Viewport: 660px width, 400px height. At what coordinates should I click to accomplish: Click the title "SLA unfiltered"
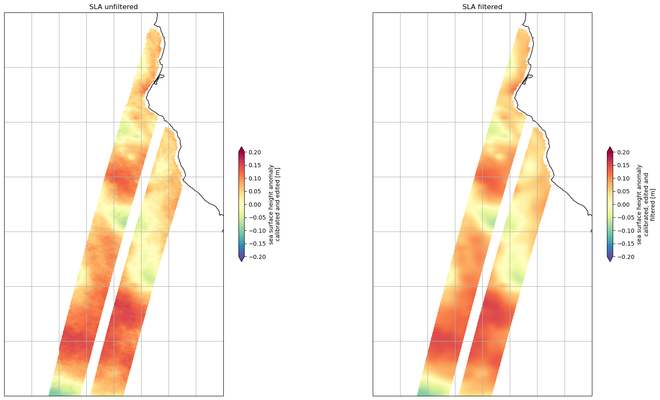coord(113,7)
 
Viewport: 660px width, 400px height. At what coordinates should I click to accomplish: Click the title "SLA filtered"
coord(482,7)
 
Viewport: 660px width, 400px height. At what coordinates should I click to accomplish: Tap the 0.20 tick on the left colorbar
coord(255,152)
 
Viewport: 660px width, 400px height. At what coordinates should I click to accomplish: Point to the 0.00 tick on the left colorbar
coord(255,205)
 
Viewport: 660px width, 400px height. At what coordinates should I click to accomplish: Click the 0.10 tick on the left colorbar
coord(255,178)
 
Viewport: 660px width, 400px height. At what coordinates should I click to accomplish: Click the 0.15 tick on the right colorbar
coord(623,165)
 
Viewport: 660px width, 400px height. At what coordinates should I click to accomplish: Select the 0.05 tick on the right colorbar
coord(623,191)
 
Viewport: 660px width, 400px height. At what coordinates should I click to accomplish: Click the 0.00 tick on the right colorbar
coord(623,205)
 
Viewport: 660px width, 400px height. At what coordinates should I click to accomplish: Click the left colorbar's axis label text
coord(274,204)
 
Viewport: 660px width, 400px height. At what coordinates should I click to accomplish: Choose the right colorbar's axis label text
coord(645,204)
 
